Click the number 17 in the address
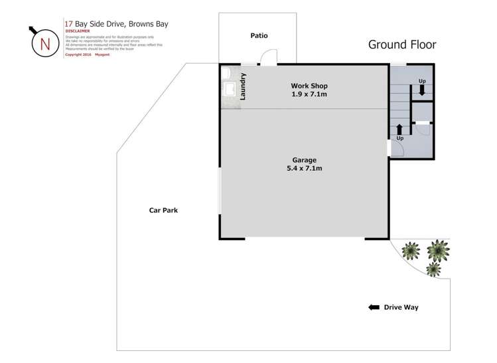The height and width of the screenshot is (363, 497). [x=69, y=23]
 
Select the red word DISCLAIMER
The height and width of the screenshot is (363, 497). [x=79, y=31]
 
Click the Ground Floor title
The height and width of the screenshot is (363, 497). [x=402, y=45]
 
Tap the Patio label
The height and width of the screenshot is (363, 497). [x=259, y=35]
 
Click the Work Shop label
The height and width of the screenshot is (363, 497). [x=309, y=86]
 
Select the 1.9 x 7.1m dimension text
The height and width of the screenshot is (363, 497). [x=309, y=94]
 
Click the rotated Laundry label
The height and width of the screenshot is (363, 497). [x=244, y=86]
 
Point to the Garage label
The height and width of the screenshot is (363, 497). [x=305, y=160]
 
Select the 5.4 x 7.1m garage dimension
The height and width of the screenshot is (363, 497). [x=305, y=168]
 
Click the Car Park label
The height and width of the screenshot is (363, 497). [x=163, y=210]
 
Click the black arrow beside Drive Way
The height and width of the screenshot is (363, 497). [x=374, y=307]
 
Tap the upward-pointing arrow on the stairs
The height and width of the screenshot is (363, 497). [x=399, y=128]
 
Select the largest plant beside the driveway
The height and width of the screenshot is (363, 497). [x=438, y=250]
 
